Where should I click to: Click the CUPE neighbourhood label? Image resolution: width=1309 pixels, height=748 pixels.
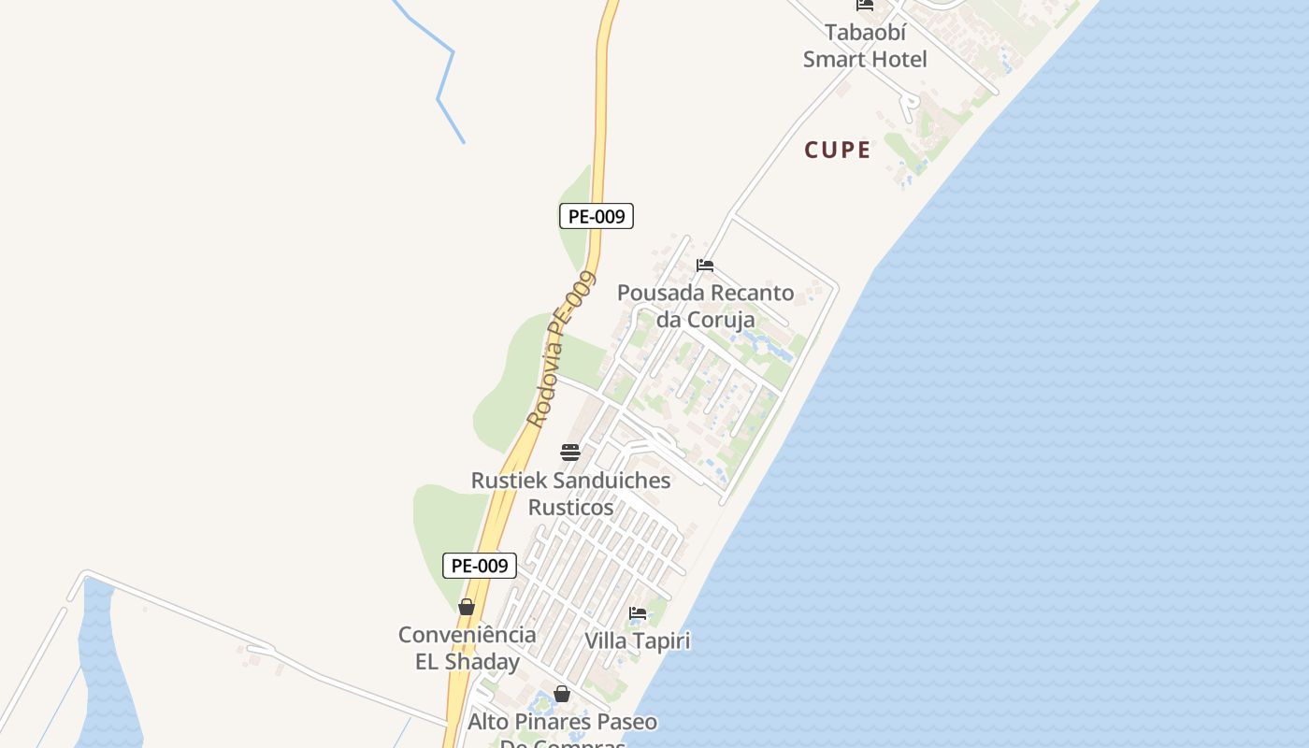[838, 150]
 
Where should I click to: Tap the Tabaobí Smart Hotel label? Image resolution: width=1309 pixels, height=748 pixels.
[865, 46]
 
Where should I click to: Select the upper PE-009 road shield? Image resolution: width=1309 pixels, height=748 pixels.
[597, 216]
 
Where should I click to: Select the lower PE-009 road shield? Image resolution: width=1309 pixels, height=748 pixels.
[479, 565]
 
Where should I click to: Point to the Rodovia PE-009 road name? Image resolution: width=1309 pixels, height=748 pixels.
[560, 350]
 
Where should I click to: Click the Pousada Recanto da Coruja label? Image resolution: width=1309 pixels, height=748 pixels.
[705, 306]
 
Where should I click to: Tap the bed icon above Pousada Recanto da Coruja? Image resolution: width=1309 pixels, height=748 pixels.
[705, 266]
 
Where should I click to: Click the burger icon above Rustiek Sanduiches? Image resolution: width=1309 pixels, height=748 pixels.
[570, 453]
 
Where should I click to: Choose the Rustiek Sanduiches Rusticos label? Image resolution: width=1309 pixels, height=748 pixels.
[570, 494]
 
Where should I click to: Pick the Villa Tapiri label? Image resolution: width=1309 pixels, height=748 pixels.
[637, 640]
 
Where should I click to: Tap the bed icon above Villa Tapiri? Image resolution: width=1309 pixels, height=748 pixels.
[638, 613]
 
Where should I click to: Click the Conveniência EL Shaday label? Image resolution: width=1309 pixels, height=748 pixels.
[467, 648]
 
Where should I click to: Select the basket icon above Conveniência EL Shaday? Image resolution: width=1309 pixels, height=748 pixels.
[467, 607]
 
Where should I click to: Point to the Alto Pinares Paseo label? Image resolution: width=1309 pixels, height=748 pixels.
[562, 722]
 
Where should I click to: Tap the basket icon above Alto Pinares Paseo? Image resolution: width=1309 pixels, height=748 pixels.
[562, 694]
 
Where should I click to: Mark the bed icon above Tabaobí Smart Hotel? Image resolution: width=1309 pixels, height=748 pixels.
[865, 5]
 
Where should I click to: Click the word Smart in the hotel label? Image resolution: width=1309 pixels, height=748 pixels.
[841, 59]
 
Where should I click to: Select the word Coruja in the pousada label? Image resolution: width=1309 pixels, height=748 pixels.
[720, 320]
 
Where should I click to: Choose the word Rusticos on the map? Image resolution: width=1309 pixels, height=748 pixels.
[570, 507]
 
